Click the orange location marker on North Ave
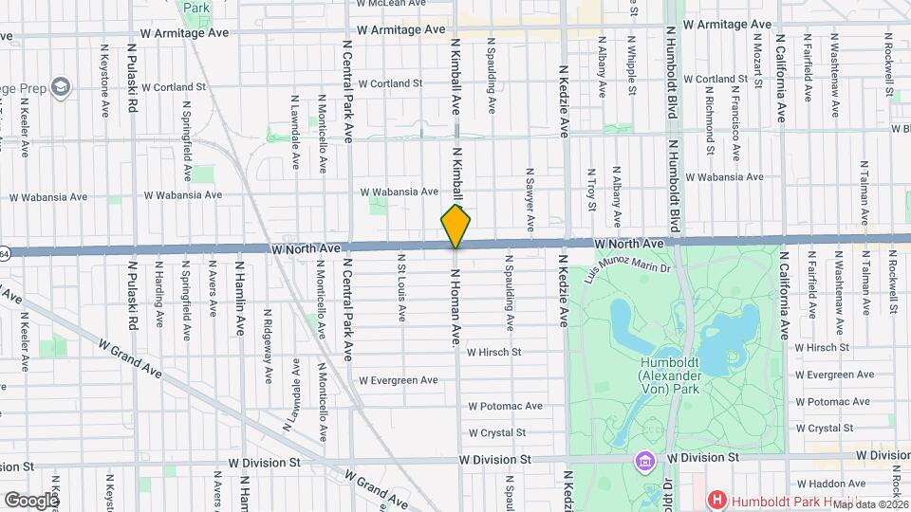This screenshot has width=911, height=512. (x=455, y=227)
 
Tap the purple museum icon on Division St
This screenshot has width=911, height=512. (x=645, y=461)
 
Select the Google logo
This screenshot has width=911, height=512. (x=30, y=500)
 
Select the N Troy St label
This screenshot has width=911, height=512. (x=590, y=187)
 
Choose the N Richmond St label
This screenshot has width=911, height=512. (x=710, y=123)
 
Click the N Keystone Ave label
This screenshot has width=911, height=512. (x=102, y=71)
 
